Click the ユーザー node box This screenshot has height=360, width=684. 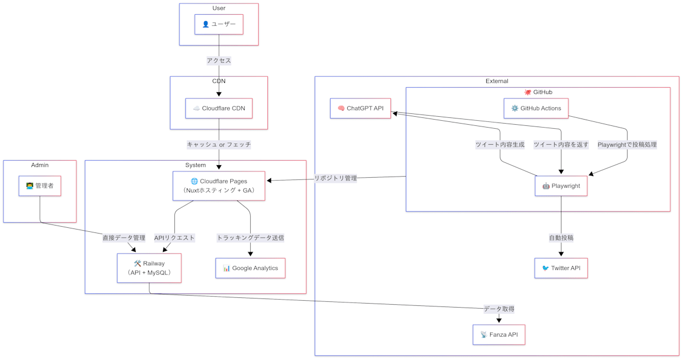(x=219, y=24)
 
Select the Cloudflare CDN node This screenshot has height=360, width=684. (x=219, y=108)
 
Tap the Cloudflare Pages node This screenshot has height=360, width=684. (x=219, y=186)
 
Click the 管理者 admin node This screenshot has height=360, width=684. (x=40, y=186)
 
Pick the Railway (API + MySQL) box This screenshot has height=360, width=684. (x=149, y=268)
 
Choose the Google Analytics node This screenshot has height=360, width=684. (x=250, y=268)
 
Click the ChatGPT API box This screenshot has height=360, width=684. (x=360, y=108)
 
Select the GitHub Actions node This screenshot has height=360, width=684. (x=536, y=108)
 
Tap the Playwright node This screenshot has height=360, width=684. (x=561, y=186)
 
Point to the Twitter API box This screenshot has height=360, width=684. (x=561, y=268)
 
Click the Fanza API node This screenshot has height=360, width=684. (x=499, y=334)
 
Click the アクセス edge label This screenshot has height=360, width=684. (x=219, y=60)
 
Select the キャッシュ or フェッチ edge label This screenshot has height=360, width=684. (x=219, y=145)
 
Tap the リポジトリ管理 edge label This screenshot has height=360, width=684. (x=336, y=178)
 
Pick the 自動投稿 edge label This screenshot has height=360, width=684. (x=561, y=238)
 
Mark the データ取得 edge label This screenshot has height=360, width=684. (x=499, y=309)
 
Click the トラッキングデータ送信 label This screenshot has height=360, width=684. (x=250, y=238)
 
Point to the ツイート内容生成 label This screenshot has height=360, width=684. (x=500, y=145)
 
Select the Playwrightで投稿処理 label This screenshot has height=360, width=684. (x=627, y=145)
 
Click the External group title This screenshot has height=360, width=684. (x=496, y=81)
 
